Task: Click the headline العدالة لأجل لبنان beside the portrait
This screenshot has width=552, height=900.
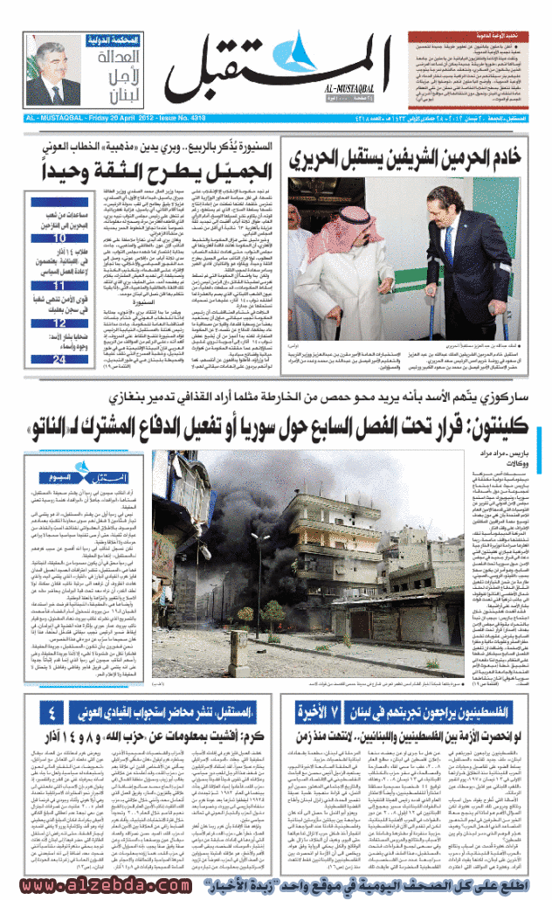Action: point(110,76)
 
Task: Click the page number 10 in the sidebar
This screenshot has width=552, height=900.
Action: point(60,238)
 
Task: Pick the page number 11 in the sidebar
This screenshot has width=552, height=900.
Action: point(60,286)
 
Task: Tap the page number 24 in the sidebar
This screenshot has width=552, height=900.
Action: point(60,358)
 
